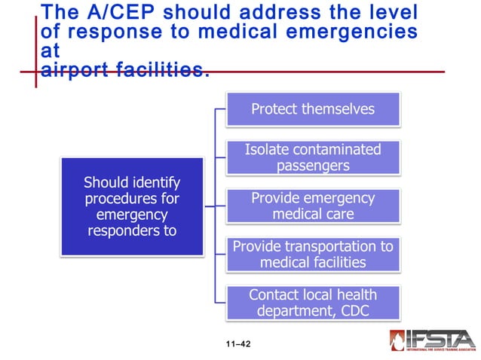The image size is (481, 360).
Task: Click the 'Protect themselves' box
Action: (x=313, y=109)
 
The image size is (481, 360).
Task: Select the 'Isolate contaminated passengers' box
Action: (x=313, y=157)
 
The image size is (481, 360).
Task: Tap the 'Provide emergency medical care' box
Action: (x=313, y=206)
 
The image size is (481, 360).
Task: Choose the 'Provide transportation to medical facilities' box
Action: (x=313, y=255)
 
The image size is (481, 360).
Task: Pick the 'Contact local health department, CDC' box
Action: (x=313, y=303)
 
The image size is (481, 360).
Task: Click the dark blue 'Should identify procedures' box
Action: (x=132, y=206)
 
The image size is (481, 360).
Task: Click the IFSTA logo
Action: (x=432, y=341)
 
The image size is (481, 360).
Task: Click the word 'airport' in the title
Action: (x=78, y=70)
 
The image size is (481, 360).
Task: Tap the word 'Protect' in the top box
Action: (x=274, y=109)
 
